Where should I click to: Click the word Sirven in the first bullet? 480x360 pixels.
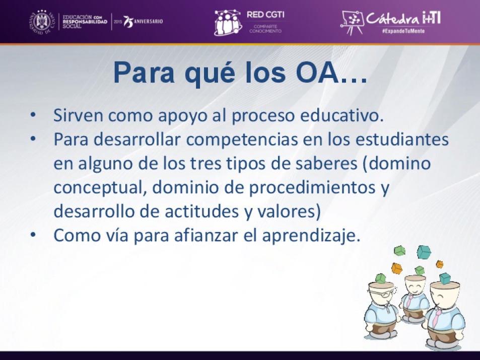pos(78,115)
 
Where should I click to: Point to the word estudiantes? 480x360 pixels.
pos(402,139)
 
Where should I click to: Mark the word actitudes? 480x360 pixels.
pos(202,211)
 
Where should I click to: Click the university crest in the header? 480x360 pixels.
pos(42,22)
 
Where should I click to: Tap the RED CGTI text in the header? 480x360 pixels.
pos(266,15)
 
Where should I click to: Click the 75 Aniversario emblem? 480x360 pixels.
pos(143,22)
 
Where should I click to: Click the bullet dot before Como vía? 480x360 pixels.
pos(33,235)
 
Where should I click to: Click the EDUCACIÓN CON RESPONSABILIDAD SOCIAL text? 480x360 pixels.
pos(85,22)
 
